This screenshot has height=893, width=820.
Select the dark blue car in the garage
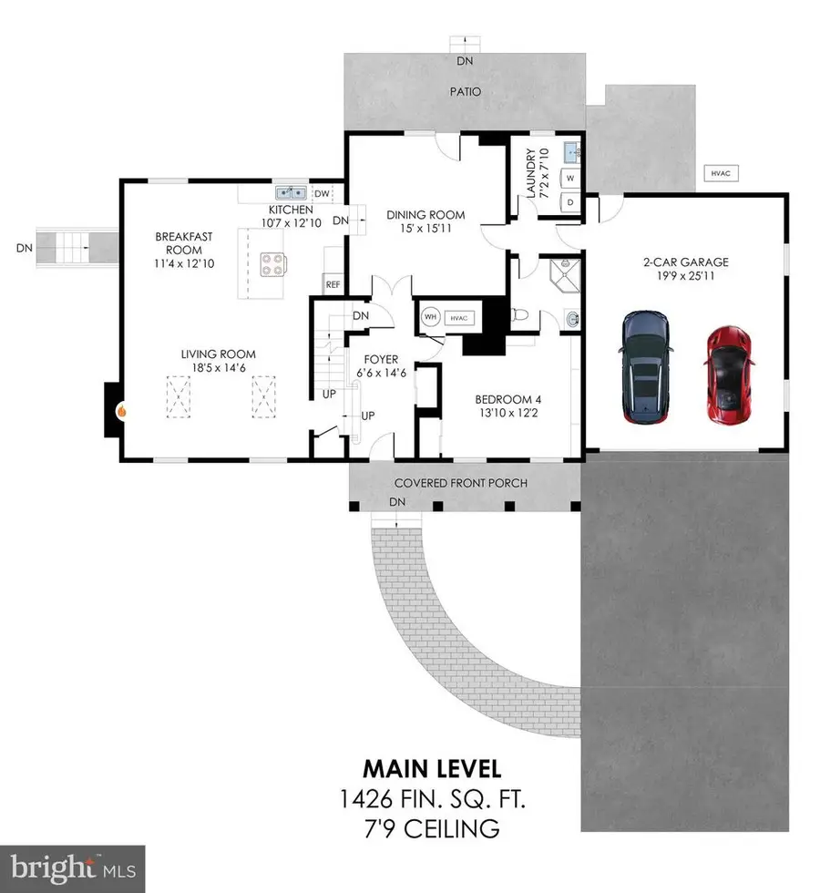point(646,367)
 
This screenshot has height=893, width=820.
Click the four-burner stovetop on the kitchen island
point(271,264)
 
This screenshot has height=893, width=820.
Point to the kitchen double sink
point(292,193)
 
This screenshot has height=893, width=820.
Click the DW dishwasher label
point(321,193)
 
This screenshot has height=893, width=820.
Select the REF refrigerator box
point(333,285)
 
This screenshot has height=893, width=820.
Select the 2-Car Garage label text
point(685,262)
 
